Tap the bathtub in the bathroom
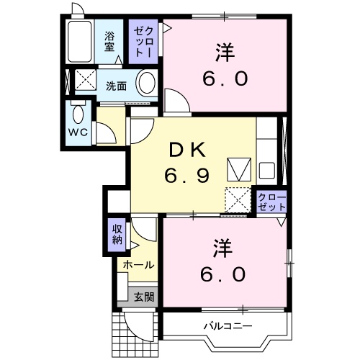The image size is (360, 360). pyautogui.click(x=81, y=43)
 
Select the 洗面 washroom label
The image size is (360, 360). pyautogui.click(x=117, y=86)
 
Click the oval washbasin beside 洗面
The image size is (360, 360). pyautogui.click(x=147, y=84)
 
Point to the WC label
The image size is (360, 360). pyautogui.click(x=78, y=134)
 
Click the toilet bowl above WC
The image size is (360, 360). pyautogui.click(x=78, y=114)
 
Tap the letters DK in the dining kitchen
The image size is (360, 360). pyautogui.click(x=189, y=150)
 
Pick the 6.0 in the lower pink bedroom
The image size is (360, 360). pyautogui.click(x=225, y=274)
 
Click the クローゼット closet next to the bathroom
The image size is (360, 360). pyautogui.click(x=142, y=42)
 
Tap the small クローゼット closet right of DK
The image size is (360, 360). pyautogui.click(x=271, y=202)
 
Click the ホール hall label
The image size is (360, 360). pyautogui.click(x=138, y=265)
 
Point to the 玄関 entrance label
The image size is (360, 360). pyautogui.click(x=143, y=296)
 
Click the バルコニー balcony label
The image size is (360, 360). pyautogui.click(x=228, y=327)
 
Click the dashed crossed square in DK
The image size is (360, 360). pyautogui.click(x=237, y=199)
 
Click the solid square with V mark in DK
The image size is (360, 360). pyautogui.click(x=237, y=170)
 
